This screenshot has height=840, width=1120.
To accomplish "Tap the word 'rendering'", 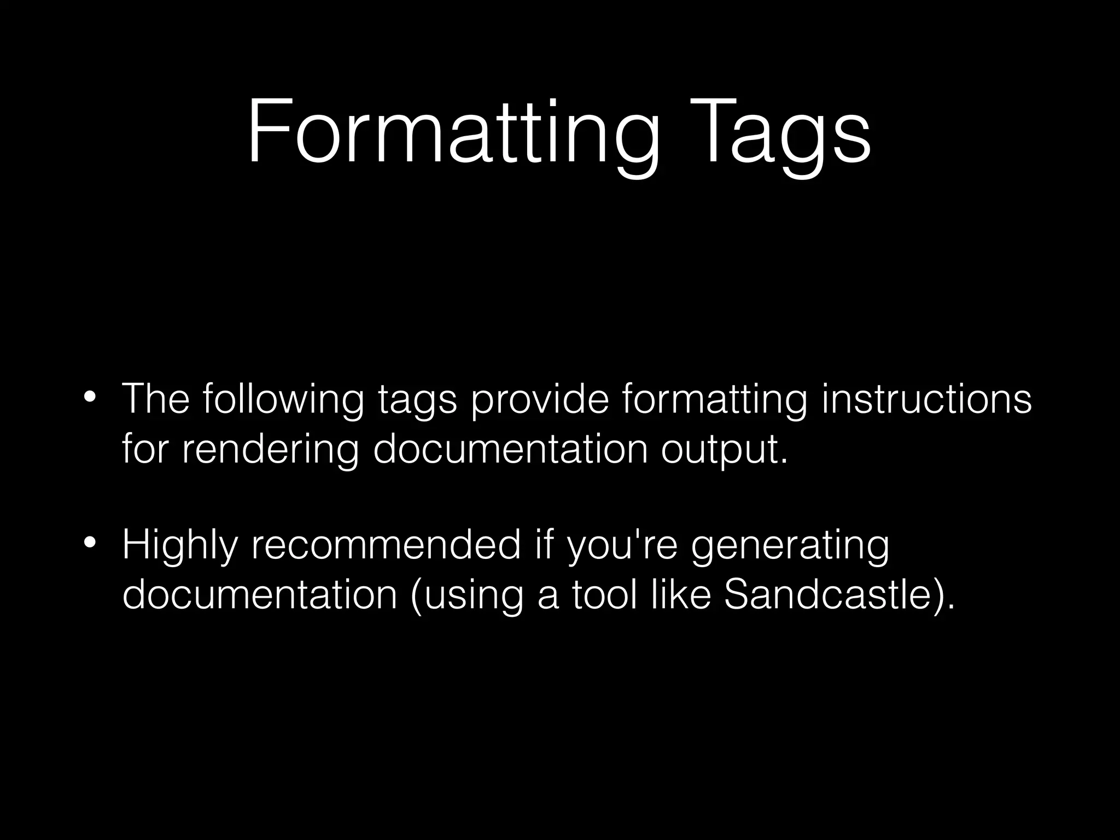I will [x=270, y=450].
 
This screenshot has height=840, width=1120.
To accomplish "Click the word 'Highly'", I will [x=180, y=546].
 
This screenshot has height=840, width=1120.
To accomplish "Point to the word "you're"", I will [x=623, y=546].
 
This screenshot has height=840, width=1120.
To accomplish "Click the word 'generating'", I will [x=790, y=546].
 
